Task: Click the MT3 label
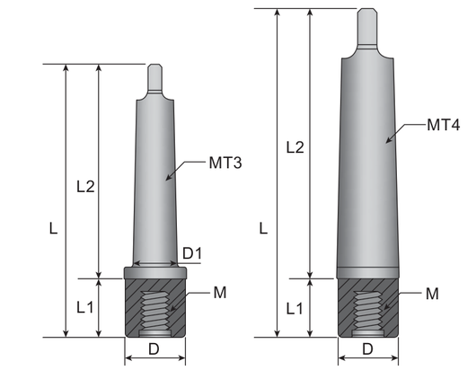[x=225, y=163]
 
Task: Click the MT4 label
[x=443, y=125]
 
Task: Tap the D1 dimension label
[x=192, y=253]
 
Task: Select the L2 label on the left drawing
[x=85, y=186]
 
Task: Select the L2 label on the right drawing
[x=295, y=147]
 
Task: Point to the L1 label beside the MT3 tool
[x=84, y=308]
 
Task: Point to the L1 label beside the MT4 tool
[x=295, y=309]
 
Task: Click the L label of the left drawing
[x=53, y=228]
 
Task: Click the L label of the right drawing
[x=263, y=228]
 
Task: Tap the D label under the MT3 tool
[x=154, y=349]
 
